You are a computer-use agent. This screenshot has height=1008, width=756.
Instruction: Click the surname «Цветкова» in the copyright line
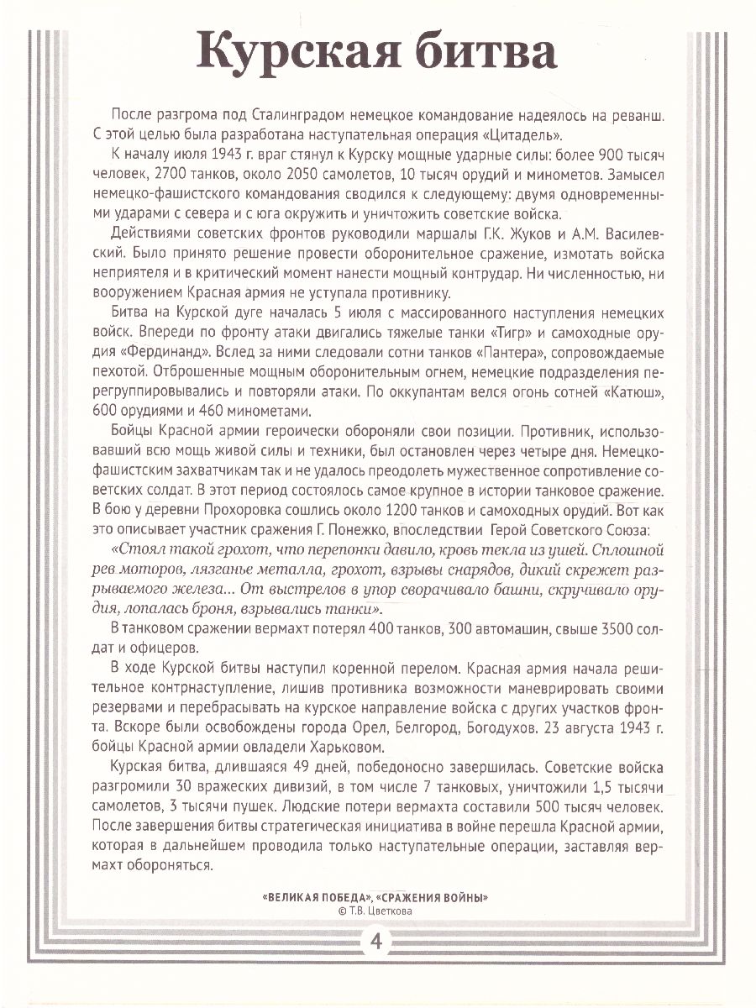(390, 909)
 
